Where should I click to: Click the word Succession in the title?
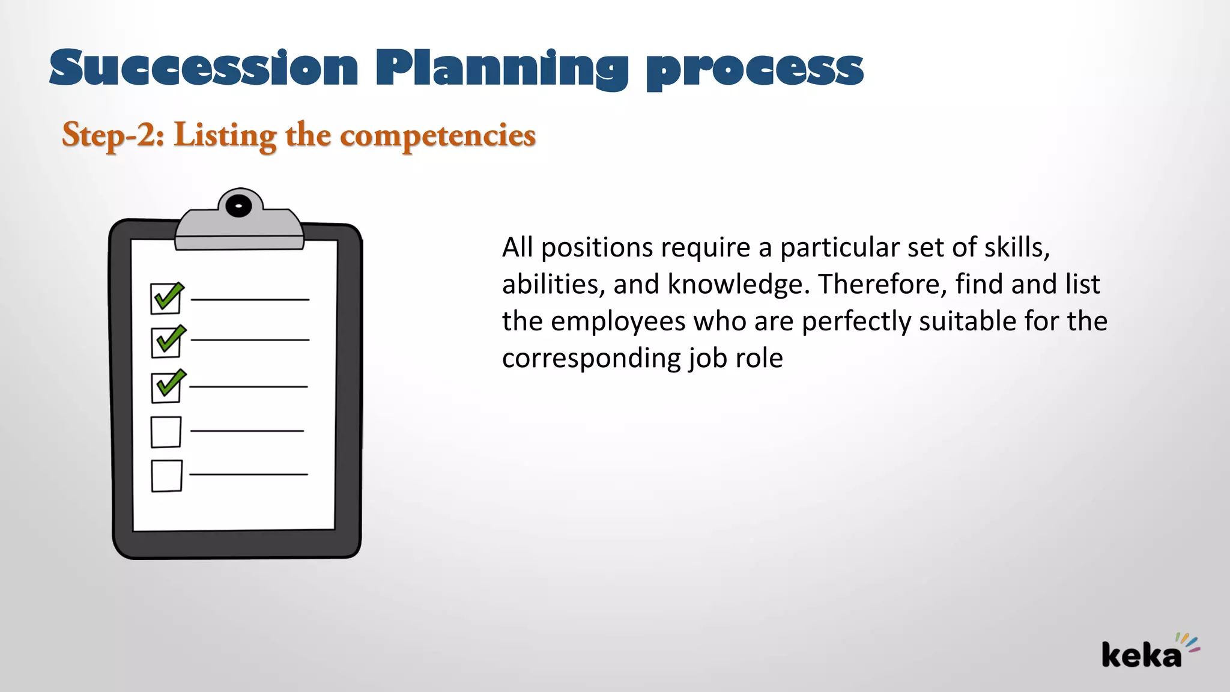(204, 68)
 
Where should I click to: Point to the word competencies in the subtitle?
(438, 136)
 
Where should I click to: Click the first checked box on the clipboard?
(166, 299)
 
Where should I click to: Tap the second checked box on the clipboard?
(167, 342)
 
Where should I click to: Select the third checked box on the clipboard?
(167, 387)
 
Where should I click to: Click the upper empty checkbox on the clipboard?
(166, 432)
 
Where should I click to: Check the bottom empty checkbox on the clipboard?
(166, 476)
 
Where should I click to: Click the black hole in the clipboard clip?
(239, 206)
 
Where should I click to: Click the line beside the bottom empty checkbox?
(248, 475)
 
